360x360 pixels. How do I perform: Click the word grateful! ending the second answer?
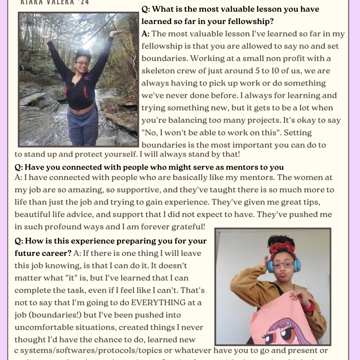pyautogui.click(x=188, y=226)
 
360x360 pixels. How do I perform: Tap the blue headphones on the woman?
pyautogui.click(x=297, y=265)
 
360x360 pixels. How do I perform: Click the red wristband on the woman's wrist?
pyautogui.click(x=309, y=307)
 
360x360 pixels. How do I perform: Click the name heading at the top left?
pyautogui.click(x=55, y=2)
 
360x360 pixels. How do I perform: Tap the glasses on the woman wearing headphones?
pyautogui.click(x=282, y=265)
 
